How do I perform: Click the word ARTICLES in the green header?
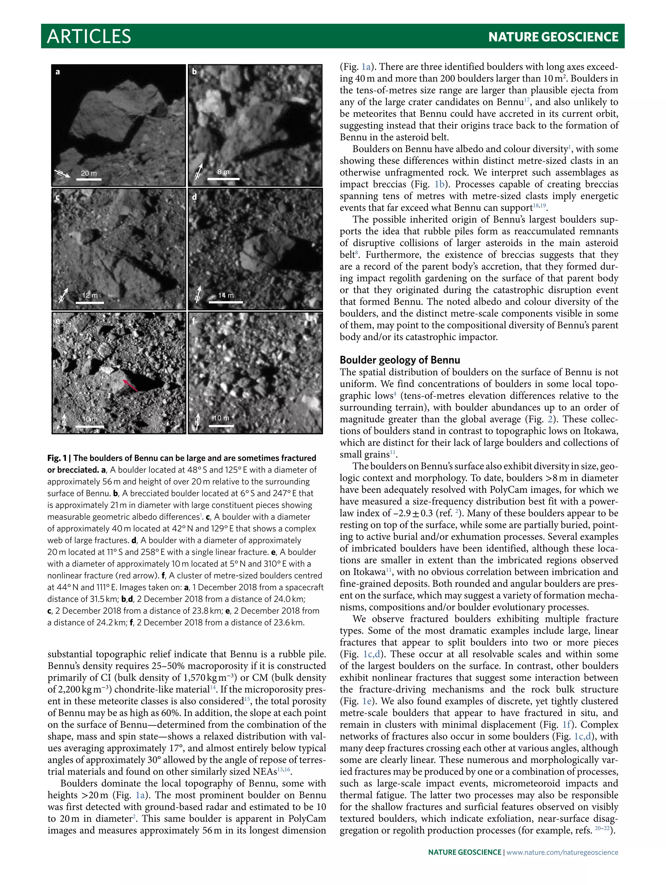[89, 36]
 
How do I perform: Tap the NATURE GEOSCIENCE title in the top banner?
[553, 37]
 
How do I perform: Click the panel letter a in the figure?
[58, 72]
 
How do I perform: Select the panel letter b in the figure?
[194, 72]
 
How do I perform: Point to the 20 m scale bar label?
[88, 173]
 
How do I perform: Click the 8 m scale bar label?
[223, 172]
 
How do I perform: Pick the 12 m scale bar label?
[90, 295]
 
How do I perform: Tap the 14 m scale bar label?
[226, 295]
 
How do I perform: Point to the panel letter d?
[194, 197]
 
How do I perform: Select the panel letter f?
[194, 320]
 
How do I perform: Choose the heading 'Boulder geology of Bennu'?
[400, 360]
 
